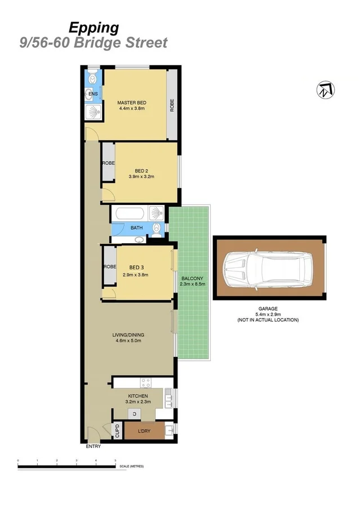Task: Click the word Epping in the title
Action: coord(94,28)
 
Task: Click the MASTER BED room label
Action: coord(132,102)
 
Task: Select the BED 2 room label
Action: coord(141,171)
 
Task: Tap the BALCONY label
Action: coord(192,279)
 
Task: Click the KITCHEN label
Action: coord(138,396)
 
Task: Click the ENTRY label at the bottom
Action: coord(94,447)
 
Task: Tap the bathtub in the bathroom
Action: coord(130,214)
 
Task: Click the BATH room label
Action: coord(136,228)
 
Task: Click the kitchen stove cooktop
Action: coord(145,382)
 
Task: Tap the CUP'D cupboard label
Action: coord(117,431)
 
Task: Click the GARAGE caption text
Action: coord(268,308)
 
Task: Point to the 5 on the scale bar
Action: coord(115,460)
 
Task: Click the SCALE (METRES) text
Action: coord(132,467)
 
